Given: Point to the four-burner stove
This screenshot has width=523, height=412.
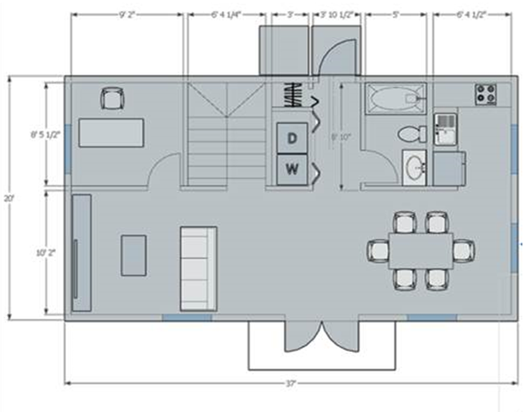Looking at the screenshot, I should coord(485,94).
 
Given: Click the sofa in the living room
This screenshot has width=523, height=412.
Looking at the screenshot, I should coord(198,268).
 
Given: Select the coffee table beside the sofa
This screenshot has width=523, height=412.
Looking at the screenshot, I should coord(133,255).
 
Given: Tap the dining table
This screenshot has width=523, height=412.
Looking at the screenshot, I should coord(420,250).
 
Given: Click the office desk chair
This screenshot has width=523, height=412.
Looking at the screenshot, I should coord(112,98).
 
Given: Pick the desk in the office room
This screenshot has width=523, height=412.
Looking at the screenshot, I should coord(111,133).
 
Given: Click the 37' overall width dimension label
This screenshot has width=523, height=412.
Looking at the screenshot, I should coord(290,383).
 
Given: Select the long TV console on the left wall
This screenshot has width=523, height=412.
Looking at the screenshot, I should coord(82,253).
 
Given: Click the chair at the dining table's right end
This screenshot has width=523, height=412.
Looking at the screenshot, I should coord(463,250).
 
